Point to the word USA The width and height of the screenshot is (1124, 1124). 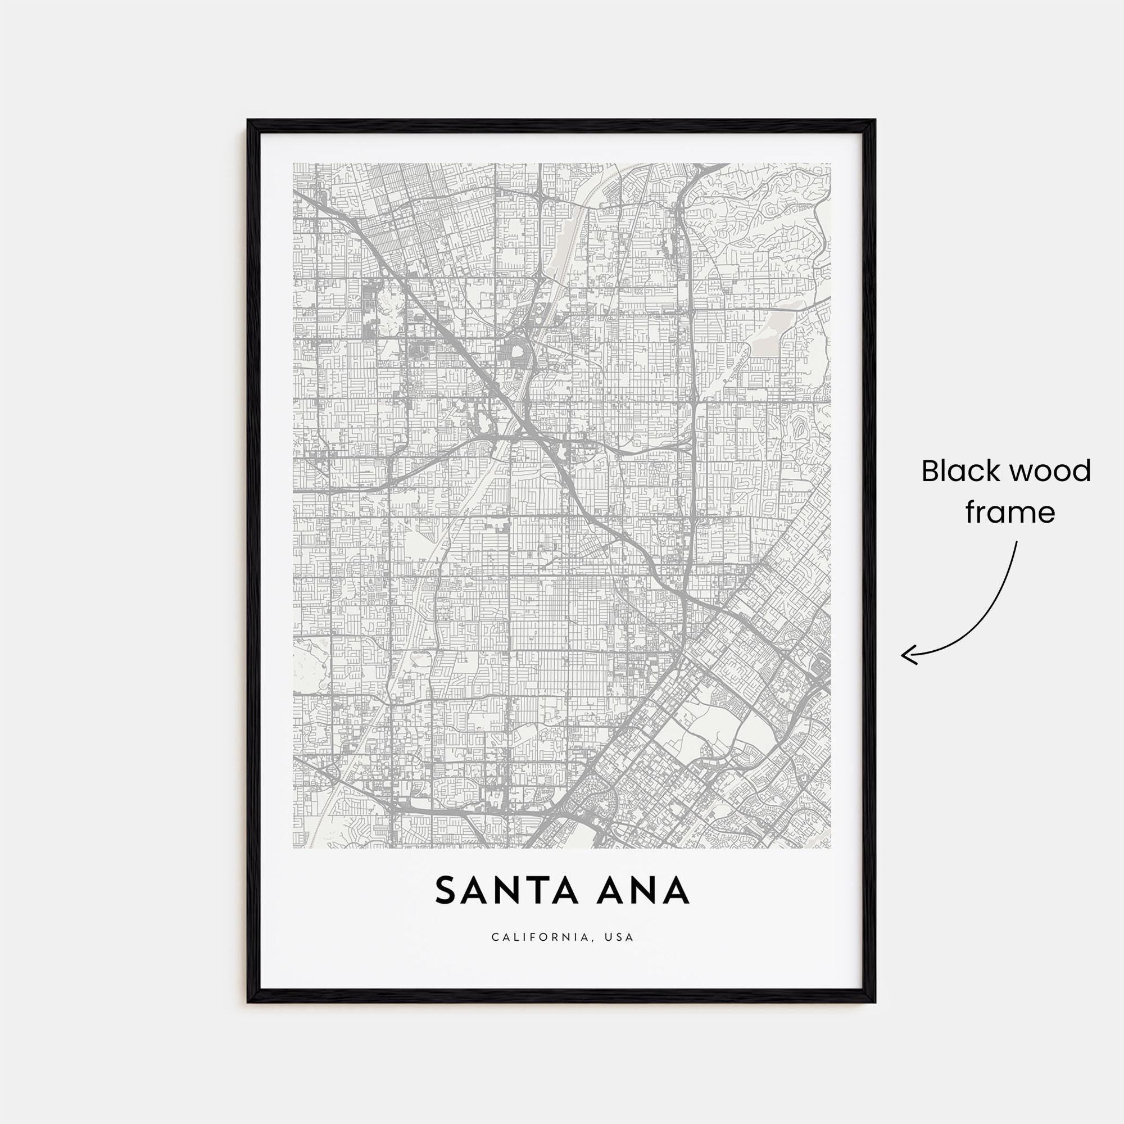(x=619, y=954)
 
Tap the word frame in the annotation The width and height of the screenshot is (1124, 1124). (x=1010, y=513)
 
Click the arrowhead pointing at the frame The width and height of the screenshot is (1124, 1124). (x=905, y=655)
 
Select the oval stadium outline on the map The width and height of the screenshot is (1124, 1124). (x=515, y=353)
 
